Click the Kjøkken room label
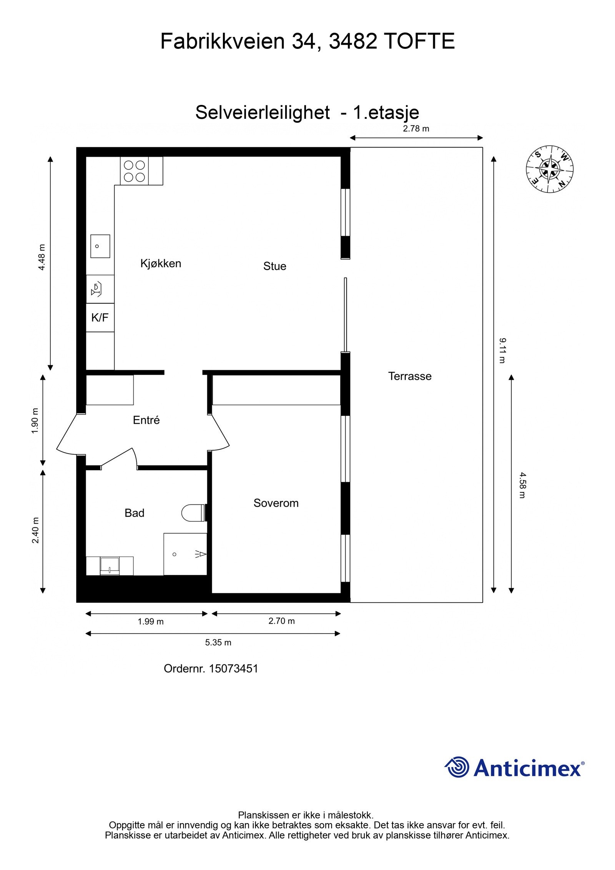point(160,263)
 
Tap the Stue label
point(274,266)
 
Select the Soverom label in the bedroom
point(276,503)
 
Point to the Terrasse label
point(409,376)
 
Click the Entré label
point(146,420)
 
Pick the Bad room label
point(134,513)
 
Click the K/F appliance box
point(100,318)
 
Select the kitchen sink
point(100,246)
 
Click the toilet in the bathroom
point(193,512)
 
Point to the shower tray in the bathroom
point(185,554)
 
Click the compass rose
point(549,169)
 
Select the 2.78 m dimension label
point(416,129)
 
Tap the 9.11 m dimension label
point(502,350)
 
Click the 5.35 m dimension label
point(218,642)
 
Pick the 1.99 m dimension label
point(151,622)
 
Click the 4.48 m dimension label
point(42,257)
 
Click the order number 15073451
point(233,669)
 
